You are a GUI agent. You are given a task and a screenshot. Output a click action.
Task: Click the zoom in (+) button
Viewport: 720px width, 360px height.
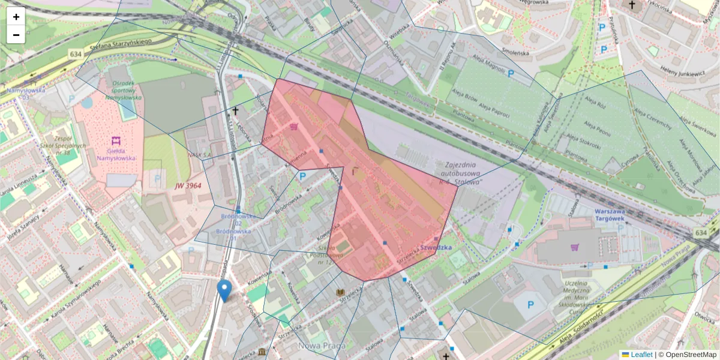16,17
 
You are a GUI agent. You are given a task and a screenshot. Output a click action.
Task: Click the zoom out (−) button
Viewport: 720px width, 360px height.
16,35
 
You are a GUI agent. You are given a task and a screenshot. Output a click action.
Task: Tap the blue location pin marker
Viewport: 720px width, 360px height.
224,290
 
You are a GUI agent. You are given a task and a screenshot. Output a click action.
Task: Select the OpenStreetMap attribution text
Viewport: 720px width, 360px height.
691,355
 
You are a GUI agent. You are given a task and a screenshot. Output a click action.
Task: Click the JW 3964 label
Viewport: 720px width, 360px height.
188,186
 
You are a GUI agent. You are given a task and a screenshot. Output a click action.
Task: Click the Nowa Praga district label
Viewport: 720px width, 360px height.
322,346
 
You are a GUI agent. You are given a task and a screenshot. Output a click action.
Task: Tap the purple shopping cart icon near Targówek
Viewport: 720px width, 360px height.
575,247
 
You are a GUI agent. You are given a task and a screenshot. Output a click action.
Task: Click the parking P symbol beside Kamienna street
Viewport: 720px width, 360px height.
303,176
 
